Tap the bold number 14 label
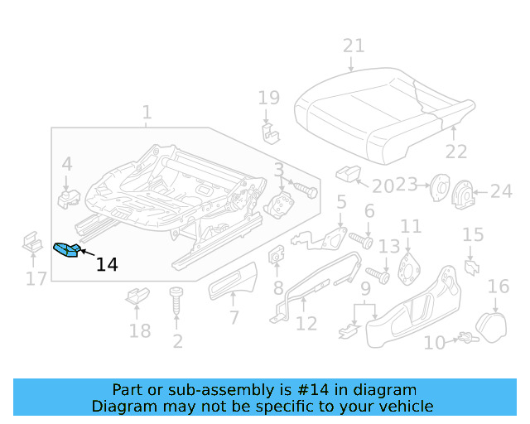point(107,265)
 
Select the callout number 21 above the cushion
point(354,46)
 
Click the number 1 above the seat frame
point(147,112)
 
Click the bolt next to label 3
point(307,190)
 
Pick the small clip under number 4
point(67,198)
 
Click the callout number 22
point(456,152)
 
